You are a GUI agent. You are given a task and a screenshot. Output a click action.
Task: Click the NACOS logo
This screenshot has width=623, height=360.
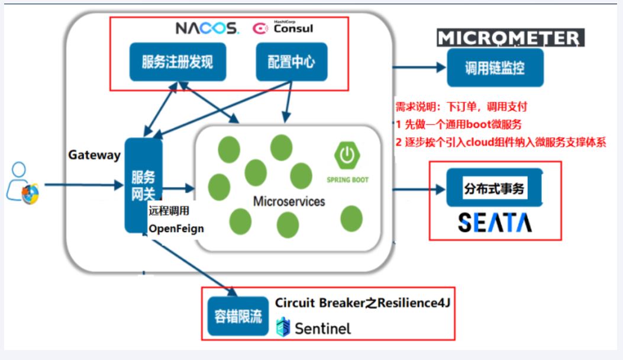point(207,28)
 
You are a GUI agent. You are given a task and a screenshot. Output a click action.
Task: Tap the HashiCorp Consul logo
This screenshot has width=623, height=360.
point(283,28)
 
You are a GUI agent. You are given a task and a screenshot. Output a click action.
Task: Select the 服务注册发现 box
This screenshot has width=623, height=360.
point(177,62)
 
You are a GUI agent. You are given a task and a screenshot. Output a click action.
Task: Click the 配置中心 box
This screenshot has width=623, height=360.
point(291,62)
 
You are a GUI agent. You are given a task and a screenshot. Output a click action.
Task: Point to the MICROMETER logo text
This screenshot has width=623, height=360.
point(511,38)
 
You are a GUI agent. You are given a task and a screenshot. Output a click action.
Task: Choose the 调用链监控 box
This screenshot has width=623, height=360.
point(495,67)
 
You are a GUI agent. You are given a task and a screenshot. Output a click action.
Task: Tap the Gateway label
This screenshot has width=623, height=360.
point(94,155)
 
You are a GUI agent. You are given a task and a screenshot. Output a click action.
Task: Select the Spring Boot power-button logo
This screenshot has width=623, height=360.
point(347,155)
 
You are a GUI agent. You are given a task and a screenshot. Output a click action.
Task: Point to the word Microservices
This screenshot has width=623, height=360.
point(289,201)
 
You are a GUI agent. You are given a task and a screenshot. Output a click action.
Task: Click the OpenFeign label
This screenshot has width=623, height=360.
point(176,229)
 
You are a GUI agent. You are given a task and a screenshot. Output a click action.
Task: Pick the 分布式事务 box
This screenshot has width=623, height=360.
point(494,189)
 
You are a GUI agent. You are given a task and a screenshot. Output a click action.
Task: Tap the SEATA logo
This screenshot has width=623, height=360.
point(495,222)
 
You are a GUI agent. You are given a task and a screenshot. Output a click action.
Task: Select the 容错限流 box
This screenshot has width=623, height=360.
point(238,316)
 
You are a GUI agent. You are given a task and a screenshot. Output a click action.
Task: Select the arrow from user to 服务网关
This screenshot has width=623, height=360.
point(83,185)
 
